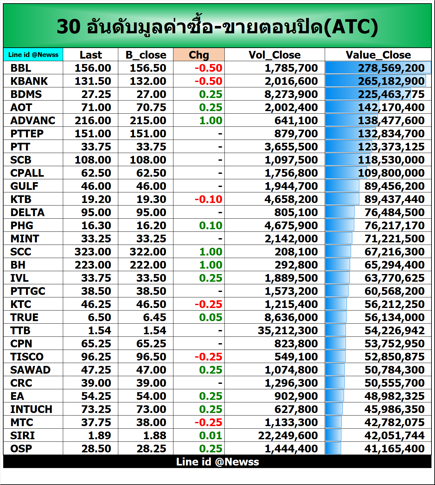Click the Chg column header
[x=199, y=55]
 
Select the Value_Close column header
[x=378, y=55]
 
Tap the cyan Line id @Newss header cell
[x=33, y=55]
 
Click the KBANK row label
[x=29, y=81]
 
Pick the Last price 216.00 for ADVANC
[x=93, y=121]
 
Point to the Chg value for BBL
[x=208, y=68]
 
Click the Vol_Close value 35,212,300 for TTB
[x=288, y=330]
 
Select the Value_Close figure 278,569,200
[x=391, y=68]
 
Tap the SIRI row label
[x=22, y=435]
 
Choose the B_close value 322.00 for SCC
[x=148, y=252]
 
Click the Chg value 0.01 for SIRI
[x=210, y=435]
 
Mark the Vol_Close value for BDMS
[x=291, y=94]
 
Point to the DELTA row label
[x=28, y=213]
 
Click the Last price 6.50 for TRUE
[x=99, y=318]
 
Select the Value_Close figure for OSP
[x=394, y=449]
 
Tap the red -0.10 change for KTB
[x=208, y=199]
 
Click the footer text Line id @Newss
[x=217, y=462]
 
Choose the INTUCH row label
[x=31, y=409]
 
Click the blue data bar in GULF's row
[x=342, y=186]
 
